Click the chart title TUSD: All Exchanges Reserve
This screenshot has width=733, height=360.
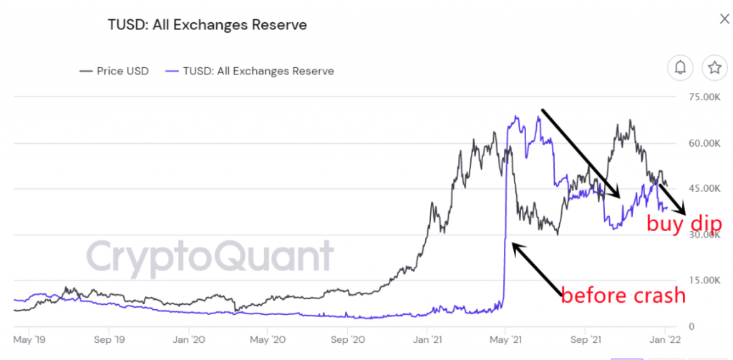[x=207, y=25]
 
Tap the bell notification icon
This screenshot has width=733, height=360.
[x=680, y=68]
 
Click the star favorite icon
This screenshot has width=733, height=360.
[x=714, y=68]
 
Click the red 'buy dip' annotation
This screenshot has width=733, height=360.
[x=684, y=224]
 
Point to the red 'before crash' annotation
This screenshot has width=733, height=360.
[x=623, y=295]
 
